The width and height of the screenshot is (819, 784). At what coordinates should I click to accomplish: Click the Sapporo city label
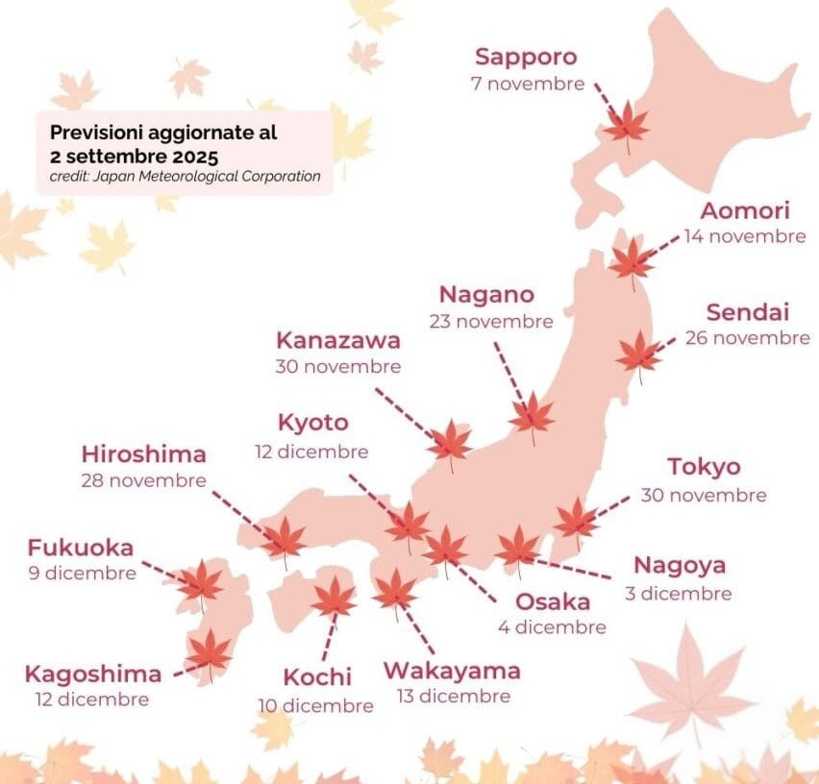click(525, 57)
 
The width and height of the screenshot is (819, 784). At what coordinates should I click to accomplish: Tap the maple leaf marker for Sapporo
click(627, 125)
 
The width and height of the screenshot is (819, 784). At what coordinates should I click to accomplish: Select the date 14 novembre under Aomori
click(745, 236)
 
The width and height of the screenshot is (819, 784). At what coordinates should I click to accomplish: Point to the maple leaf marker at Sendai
click(639, 354)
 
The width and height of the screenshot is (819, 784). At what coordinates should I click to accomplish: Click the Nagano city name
click(486, 294)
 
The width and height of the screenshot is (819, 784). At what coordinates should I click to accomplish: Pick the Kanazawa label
click(338, 340)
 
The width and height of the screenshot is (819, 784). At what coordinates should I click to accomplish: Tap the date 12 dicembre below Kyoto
click(311, 451)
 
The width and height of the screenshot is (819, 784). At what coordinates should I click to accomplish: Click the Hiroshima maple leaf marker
click(285, 539)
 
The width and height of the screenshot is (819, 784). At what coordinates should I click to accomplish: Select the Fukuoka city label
click(81, 549)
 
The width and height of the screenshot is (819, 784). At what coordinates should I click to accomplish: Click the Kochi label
click(317, 676)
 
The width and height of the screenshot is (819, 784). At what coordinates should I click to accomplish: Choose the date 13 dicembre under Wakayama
click(453, 696)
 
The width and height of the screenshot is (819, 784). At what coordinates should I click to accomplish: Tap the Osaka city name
click(553, 601)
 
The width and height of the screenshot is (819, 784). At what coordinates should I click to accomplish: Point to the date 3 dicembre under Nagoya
click(678, 593)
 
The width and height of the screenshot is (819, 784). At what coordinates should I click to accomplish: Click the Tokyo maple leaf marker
click(576, 520)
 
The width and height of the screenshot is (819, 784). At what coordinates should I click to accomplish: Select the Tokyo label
click(704, 467)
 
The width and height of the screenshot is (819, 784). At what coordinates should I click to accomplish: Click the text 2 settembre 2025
click(135, 155)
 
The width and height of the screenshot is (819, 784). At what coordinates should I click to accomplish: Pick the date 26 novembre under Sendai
click(747, 338)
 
